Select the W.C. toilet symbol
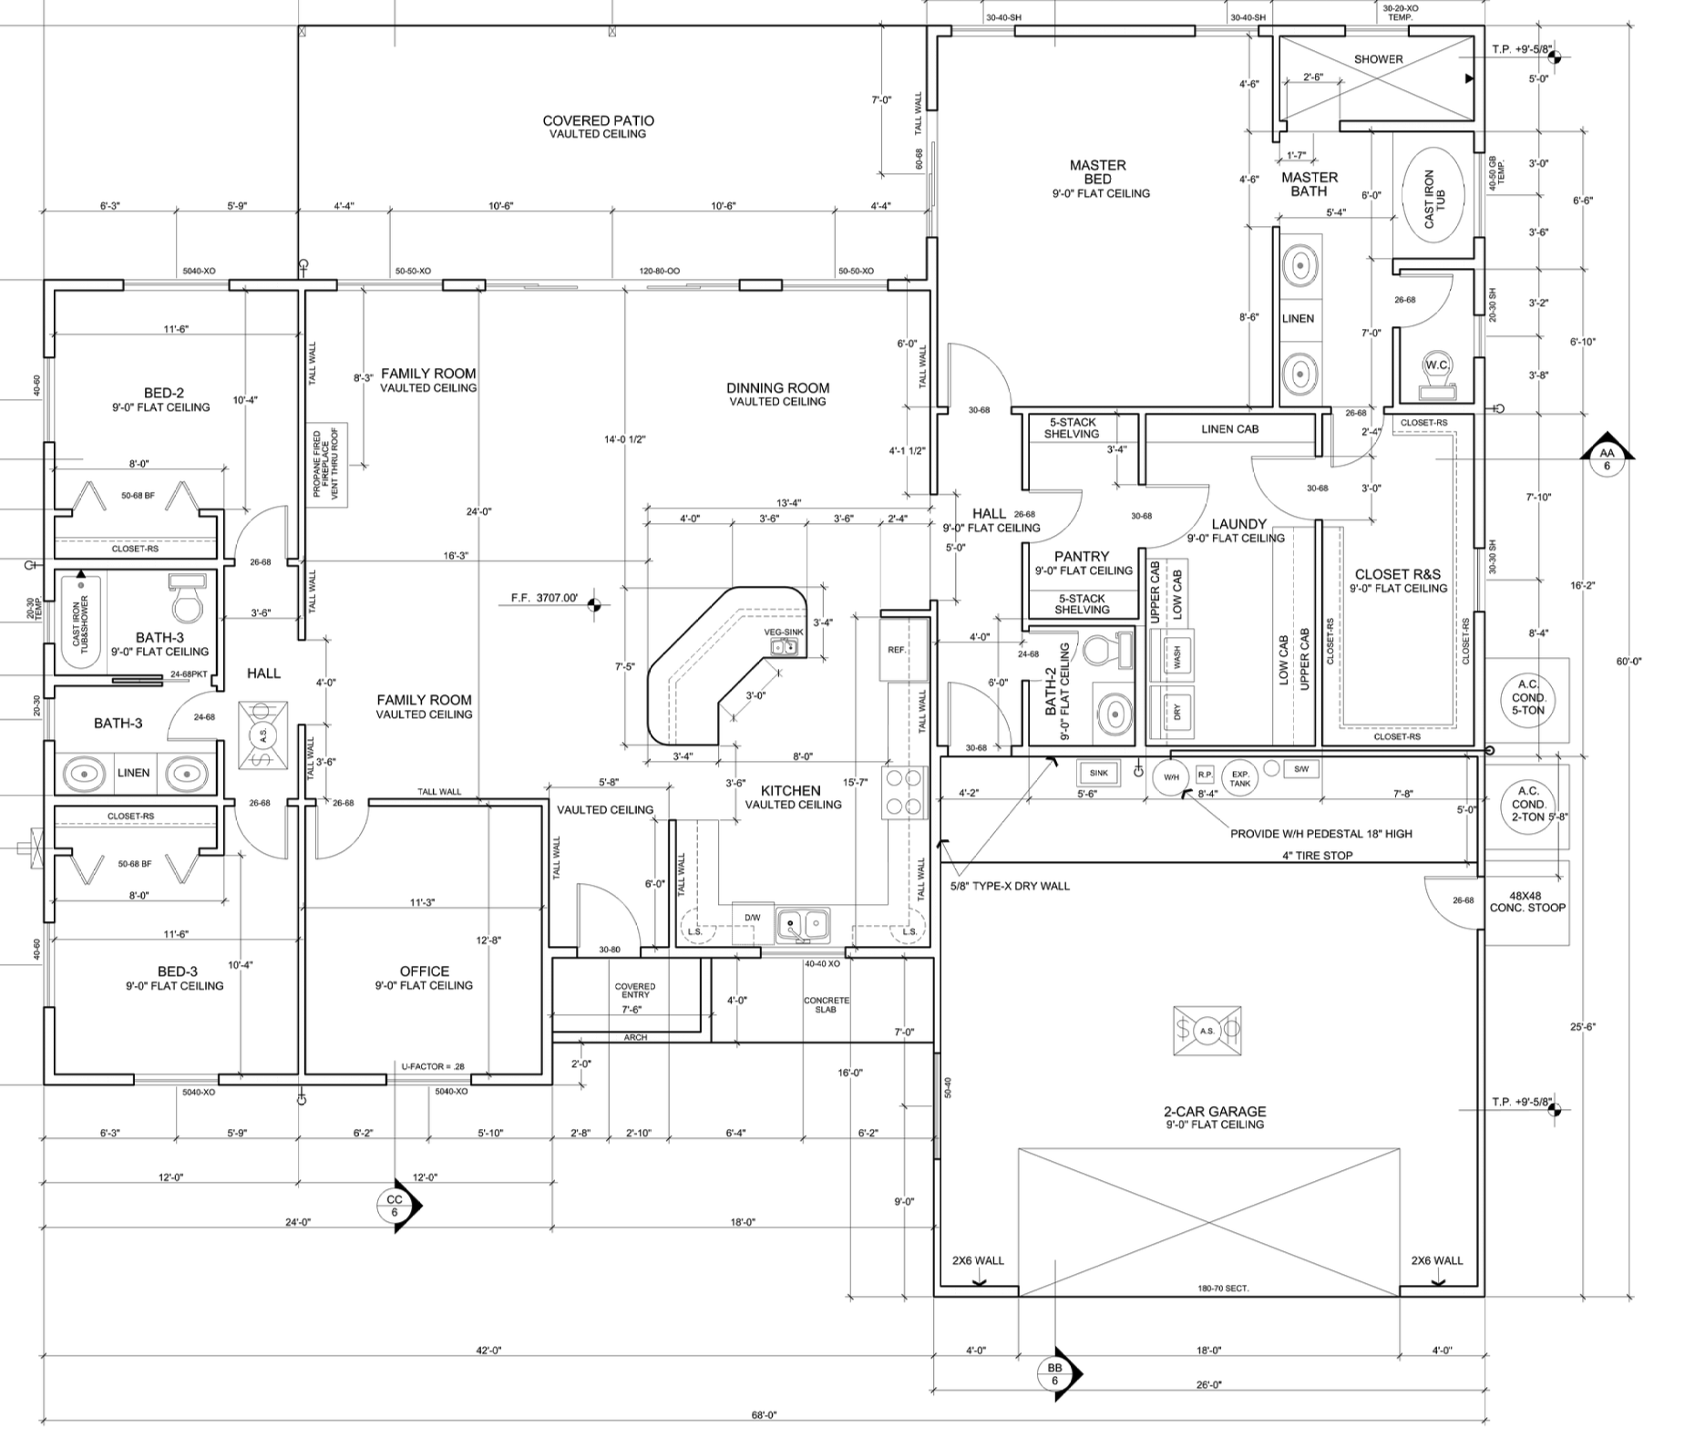tap(1436, 371)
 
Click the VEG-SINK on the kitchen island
tap(784, 646)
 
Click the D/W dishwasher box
tap(753, 918)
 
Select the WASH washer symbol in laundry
tap(1176, 654)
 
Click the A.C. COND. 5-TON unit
tap(1528, 698)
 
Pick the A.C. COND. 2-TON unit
tap(1528, 804)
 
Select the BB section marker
tap(1055, 1373)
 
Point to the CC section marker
tap(395, 1206)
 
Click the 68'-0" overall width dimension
tap(764, 1415)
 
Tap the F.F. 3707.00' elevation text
tap(544, 598)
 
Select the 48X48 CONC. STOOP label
tap(1527, 902)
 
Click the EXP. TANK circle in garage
tap(1240, 777)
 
